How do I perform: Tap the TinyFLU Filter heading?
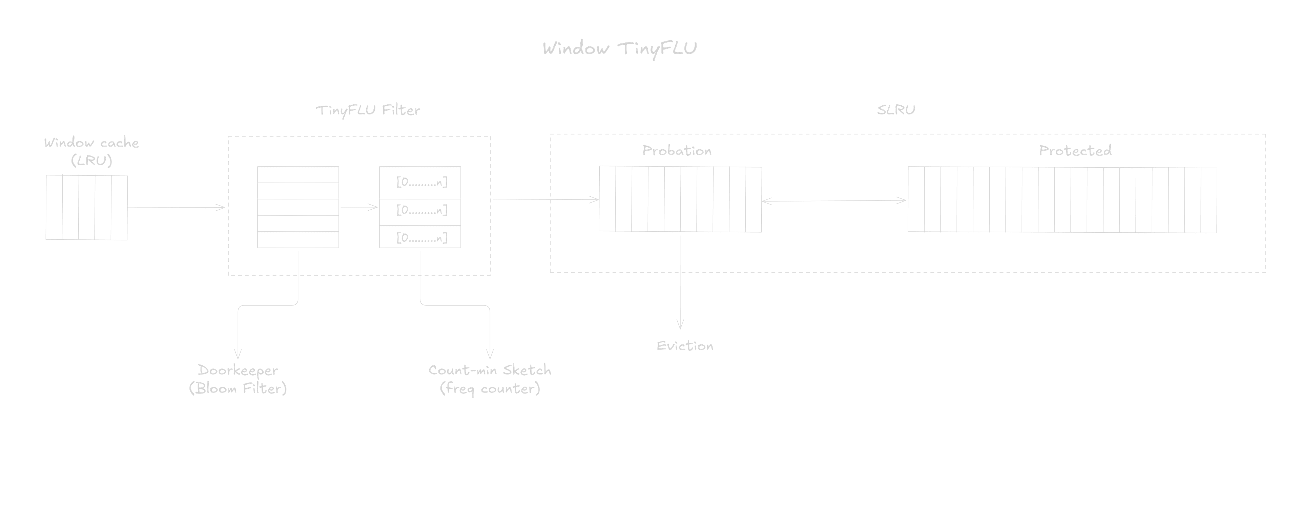368,110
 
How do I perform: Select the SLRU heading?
896,110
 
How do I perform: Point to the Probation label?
677,150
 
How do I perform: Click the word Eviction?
685,346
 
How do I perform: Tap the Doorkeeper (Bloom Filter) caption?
238,379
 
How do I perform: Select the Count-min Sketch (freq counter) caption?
489,379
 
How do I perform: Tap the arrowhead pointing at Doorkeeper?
238,355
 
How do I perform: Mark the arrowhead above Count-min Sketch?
489,355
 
